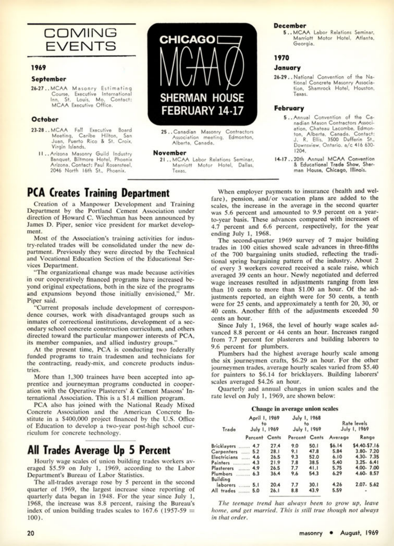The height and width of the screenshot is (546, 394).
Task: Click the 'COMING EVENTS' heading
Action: coord(81,40)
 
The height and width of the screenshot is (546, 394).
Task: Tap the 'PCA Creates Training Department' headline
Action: coord(98,193)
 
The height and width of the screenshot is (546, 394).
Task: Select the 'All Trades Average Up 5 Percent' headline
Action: coord(98,450)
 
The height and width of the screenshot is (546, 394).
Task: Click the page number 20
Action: coord(30,533)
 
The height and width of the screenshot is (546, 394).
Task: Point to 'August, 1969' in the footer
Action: coord(359,533)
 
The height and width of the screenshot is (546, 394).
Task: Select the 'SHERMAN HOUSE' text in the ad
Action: coord(202,98)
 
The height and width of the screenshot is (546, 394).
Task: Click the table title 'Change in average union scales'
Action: coord(295,409)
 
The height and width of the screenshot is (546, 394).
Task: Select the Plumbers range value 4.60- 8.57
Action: coord(366,474)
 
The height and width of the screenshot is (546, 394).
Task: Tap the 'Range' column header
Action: coord(367,437)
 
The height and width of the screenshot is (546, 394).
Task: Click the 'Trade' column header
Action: coord(229,429)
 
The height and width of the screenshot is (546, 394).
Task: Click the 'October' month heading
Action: coord(45,119)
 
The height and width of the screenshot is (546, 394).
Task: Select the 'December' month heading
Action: coord(290,26)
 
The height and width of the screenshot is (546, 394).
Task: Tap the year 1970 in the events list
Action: coord(282,58)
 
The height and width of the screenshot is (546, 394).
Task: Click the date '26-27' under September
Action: coord(39,88)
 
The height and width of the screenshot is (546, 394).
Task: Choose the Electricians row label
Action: coord(225,457)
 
